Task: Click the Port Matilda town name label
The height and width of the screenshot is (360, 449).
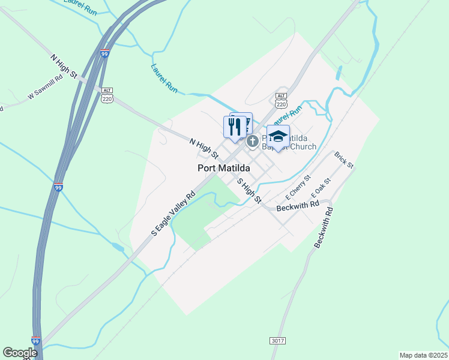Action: (x=224, y=168)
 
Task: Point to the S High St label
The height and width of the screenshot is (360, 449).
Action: (x=249, y=190)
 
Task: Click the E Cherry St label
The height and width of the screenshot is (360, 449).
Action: (x=298, y=187)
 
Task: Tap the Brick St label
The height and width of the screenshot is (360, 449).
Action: (x=345, y=160)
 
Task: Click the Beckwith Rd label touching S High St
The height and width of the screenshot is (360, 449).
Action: (x=298, y=206)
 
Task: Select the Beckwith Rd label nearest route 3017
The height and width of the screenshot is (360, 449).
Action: (x=323, y=229)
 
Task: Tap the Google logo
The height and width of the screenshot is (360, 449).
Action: (x=20, y=352)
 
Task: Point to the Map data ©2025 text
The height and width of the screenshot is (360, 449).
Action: (x=423, y=355)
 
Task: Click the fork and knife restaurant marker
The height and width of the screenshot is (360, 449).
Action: (x=235, y=127)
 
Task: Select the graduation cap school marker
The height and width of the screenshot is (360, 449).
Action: (x=278, y=136)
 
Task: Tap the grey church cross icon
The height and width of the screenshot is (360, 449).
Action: (x=253, y=142)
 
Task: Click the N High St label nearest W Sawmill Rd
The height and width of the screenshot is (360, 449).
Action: (x=65, y=67)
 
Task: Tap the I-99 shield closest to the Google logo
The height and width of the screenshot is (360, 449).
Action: (x=35, y=340)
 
